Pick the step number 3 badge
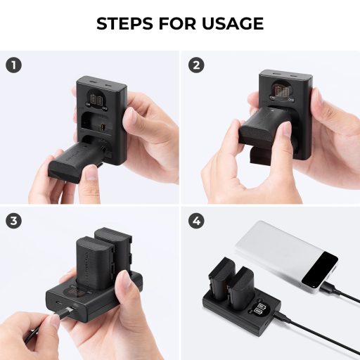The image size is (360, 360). (x=12, y=220)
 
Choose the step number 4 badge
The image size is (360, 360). (x=196, y=220)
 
